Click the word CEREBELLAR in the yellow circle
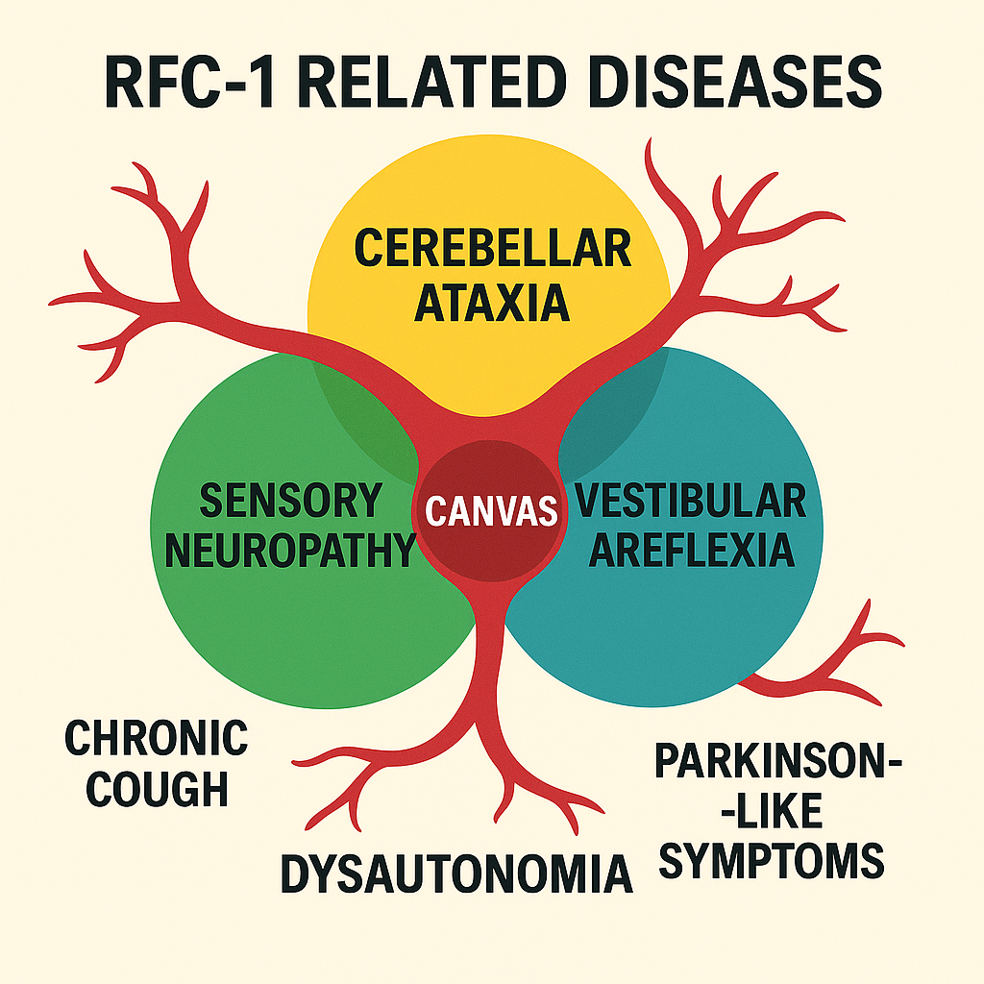click(492, 249)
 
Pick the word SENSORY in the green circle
click(290, 501)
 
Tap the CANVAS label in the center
click(491, 510)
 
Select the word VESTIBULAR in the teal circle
click(689, 501)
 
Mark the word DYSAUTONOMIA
click(456, 873)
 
